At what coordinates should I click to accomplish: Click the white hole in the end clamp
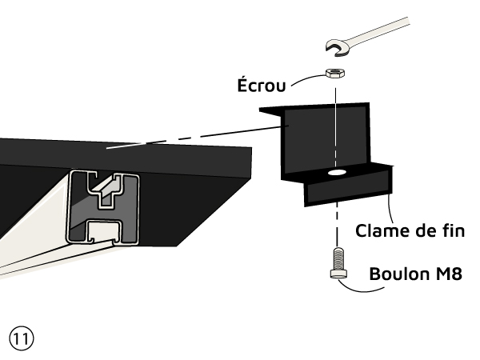point(336,172)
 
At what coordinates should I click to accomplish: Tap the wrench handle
point(400,31)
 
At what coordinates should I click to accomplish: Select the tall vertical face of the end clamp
point(308,140)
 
